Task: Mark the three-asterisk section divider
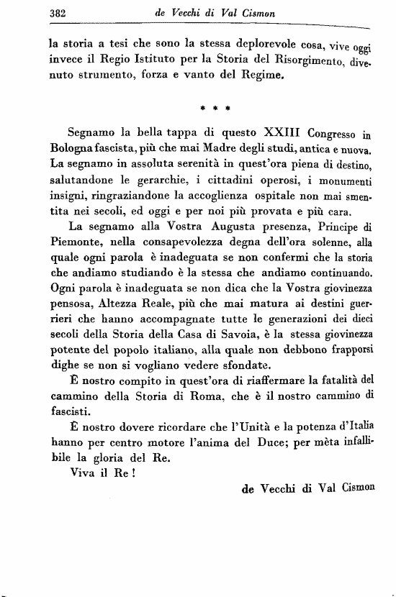tap(214, 109)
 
